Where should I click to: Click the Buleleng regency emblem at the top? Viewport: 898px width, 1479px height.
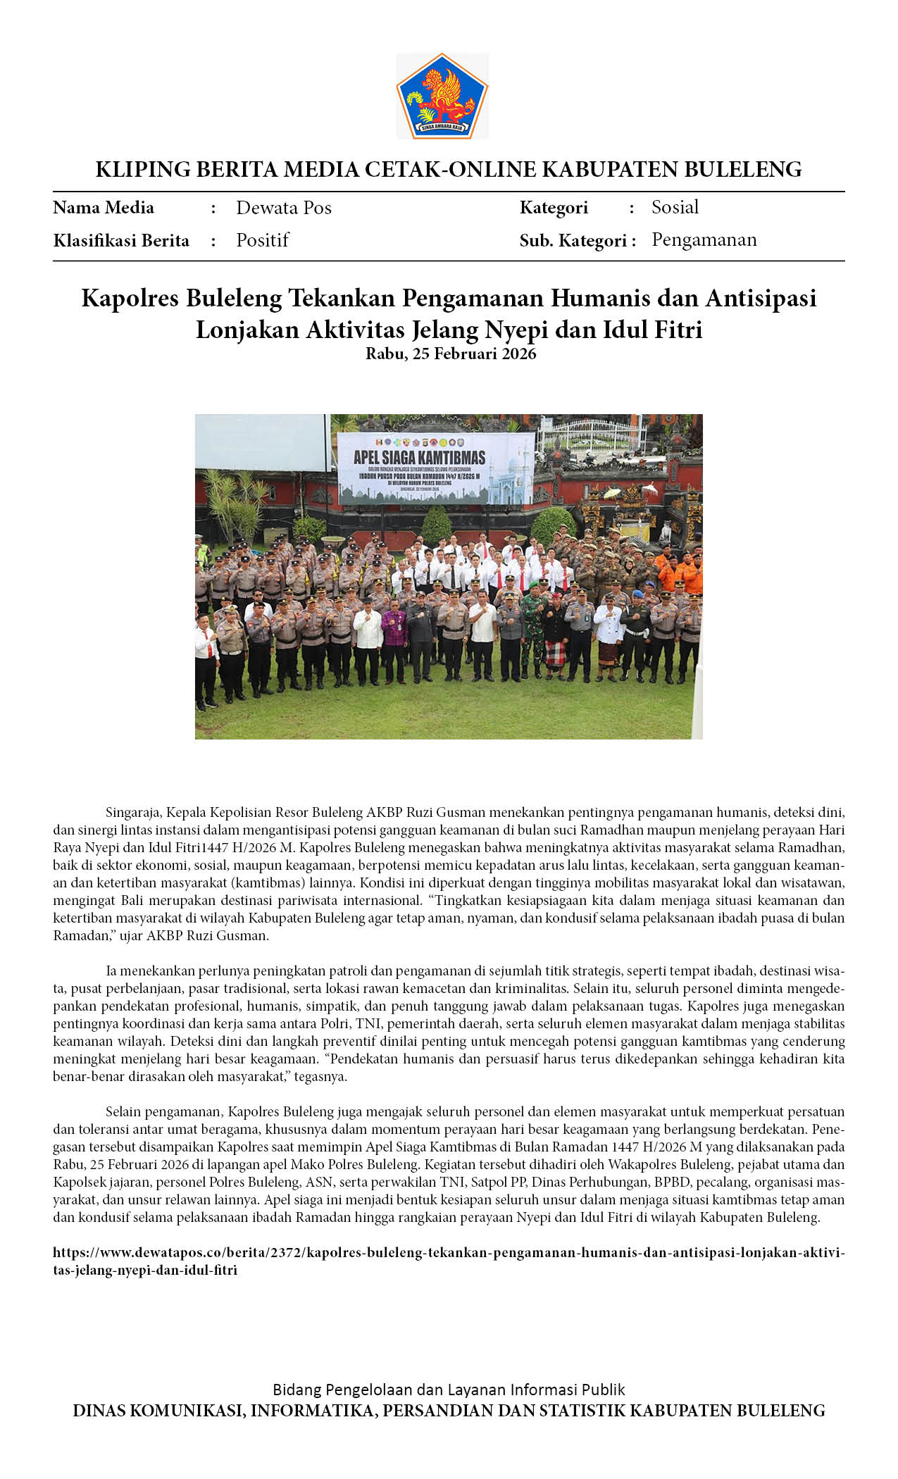click(x=442, y=96)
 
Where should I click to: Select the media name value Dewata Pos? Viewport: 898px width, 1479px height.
click(x=283, y=208)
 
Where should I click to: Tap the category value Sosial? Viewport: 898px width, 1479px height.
click(x=675, y=207)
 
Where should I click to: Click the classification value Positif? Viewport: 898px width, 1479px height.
click(x=262, y=240)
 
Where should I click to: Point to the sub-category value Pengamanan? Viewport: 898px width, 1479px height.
click(x=704, y=240)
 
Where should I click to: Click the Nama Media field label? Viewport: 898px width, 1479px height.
click(x=104, y=208)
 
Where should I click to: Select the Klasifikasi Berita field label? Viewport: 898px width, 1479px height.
click(x=121, y=241)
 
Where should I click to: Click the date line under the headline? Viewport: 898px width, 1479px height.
click(x=451, y=354)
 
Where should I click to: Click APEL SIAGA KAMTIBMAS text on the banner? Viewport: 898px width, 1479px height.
click(x=419, y=457)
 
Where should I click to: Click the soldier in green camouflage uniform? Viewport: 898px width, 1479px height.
click(x=532, y=634)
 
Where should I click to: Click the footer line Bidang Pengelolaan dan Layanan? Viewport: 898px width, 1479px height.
click(x=449, y=1389)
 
